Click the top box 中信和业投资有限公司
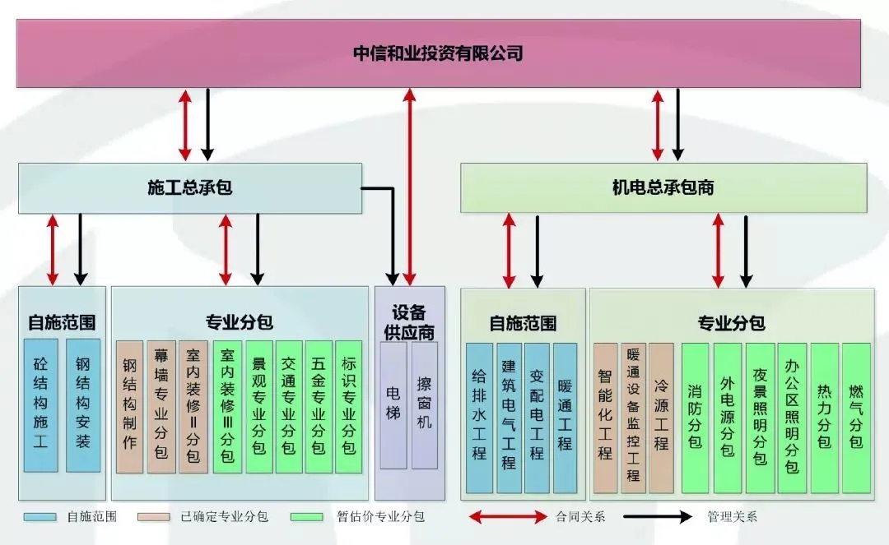point(438,54)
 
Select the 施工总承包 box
point(190,188)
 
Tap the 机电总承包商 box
point(663,188)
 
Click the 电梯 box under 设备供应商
point(393,405)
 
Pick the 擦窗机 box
point(424,405)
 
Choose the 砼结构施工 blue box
point(40,405)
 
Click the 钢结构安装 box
point(82,405)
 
